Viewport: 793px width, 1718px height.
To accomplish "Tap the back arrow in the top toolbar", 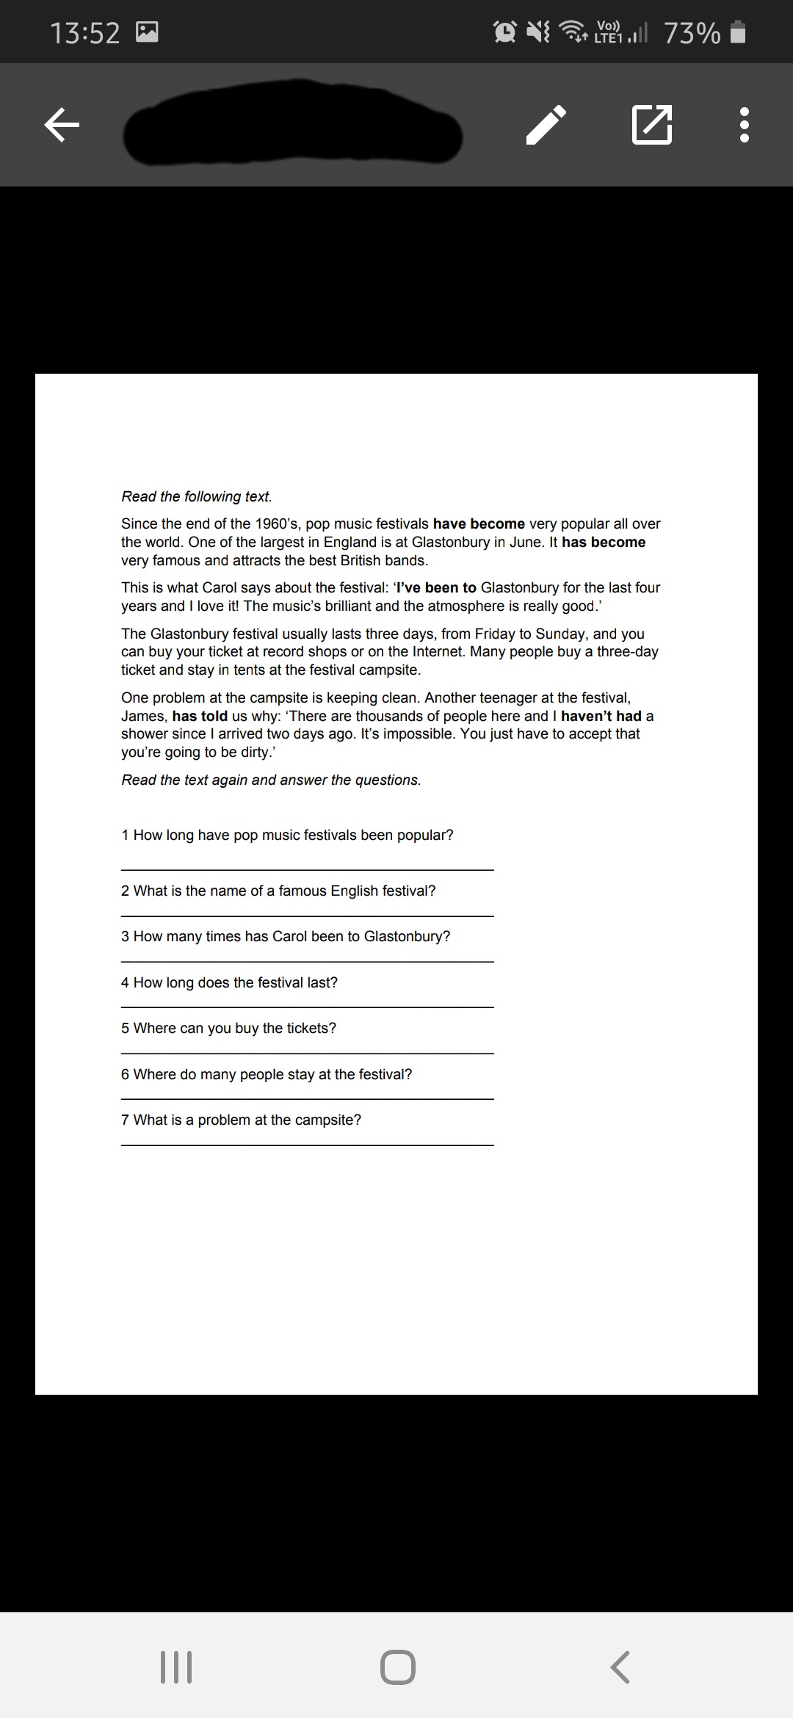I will pyautogui.click(x=62, y=125).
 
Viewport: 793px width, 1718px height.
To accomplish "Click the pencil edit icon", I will pyautogui.click(x=546, y=125).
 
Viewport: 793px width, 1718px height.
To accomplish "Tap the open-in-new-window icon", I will pyautogui.click(x=651, y=125).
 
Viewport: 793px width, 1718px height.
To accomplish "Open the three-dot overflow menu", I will pyautogui.click(x=744, y=125).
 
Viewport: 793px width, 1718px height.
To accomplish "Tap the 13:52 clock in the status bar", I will pyautogui.click(x=85, y=33).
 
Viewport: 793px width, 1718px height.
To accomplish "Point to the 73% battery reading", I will pyautogui.click(x=692, y=33).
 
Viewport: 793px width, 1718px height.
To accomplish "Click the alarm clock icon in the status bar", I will pyautogui.click(x=505, y=32).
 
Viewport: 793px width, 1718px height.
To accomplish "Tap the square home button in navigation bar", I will pyautogui.click(x=397, y=1667).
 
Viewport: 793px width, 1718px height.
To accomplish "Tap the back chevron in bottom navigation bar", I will pyautogui.click(x=620, y=1667).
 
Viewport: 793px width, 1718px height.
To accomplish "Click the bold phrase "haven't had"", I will pyautogui.click(x=601, y=717).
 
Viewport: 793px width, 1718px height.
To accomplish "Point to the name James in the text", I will pyautogui.click(x=143, y=717).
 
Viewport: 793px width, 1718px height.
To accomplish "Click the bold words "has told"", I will pyautogui.click(x=200, y=717).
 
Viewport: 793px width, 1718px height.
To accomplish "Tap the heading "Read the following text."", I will pyautogui.click(x=197, y=497).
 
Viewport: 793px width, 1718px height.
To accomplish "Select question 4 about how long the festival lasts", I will pyautogui.click(x=229, y=983).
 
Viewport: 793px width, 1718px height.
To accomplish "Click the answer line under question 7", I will pyautogui.click(x=307, y=1145).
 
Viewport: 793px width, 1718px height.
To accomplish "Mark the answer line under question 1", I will pyautogui.click(x=307, y=869).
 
